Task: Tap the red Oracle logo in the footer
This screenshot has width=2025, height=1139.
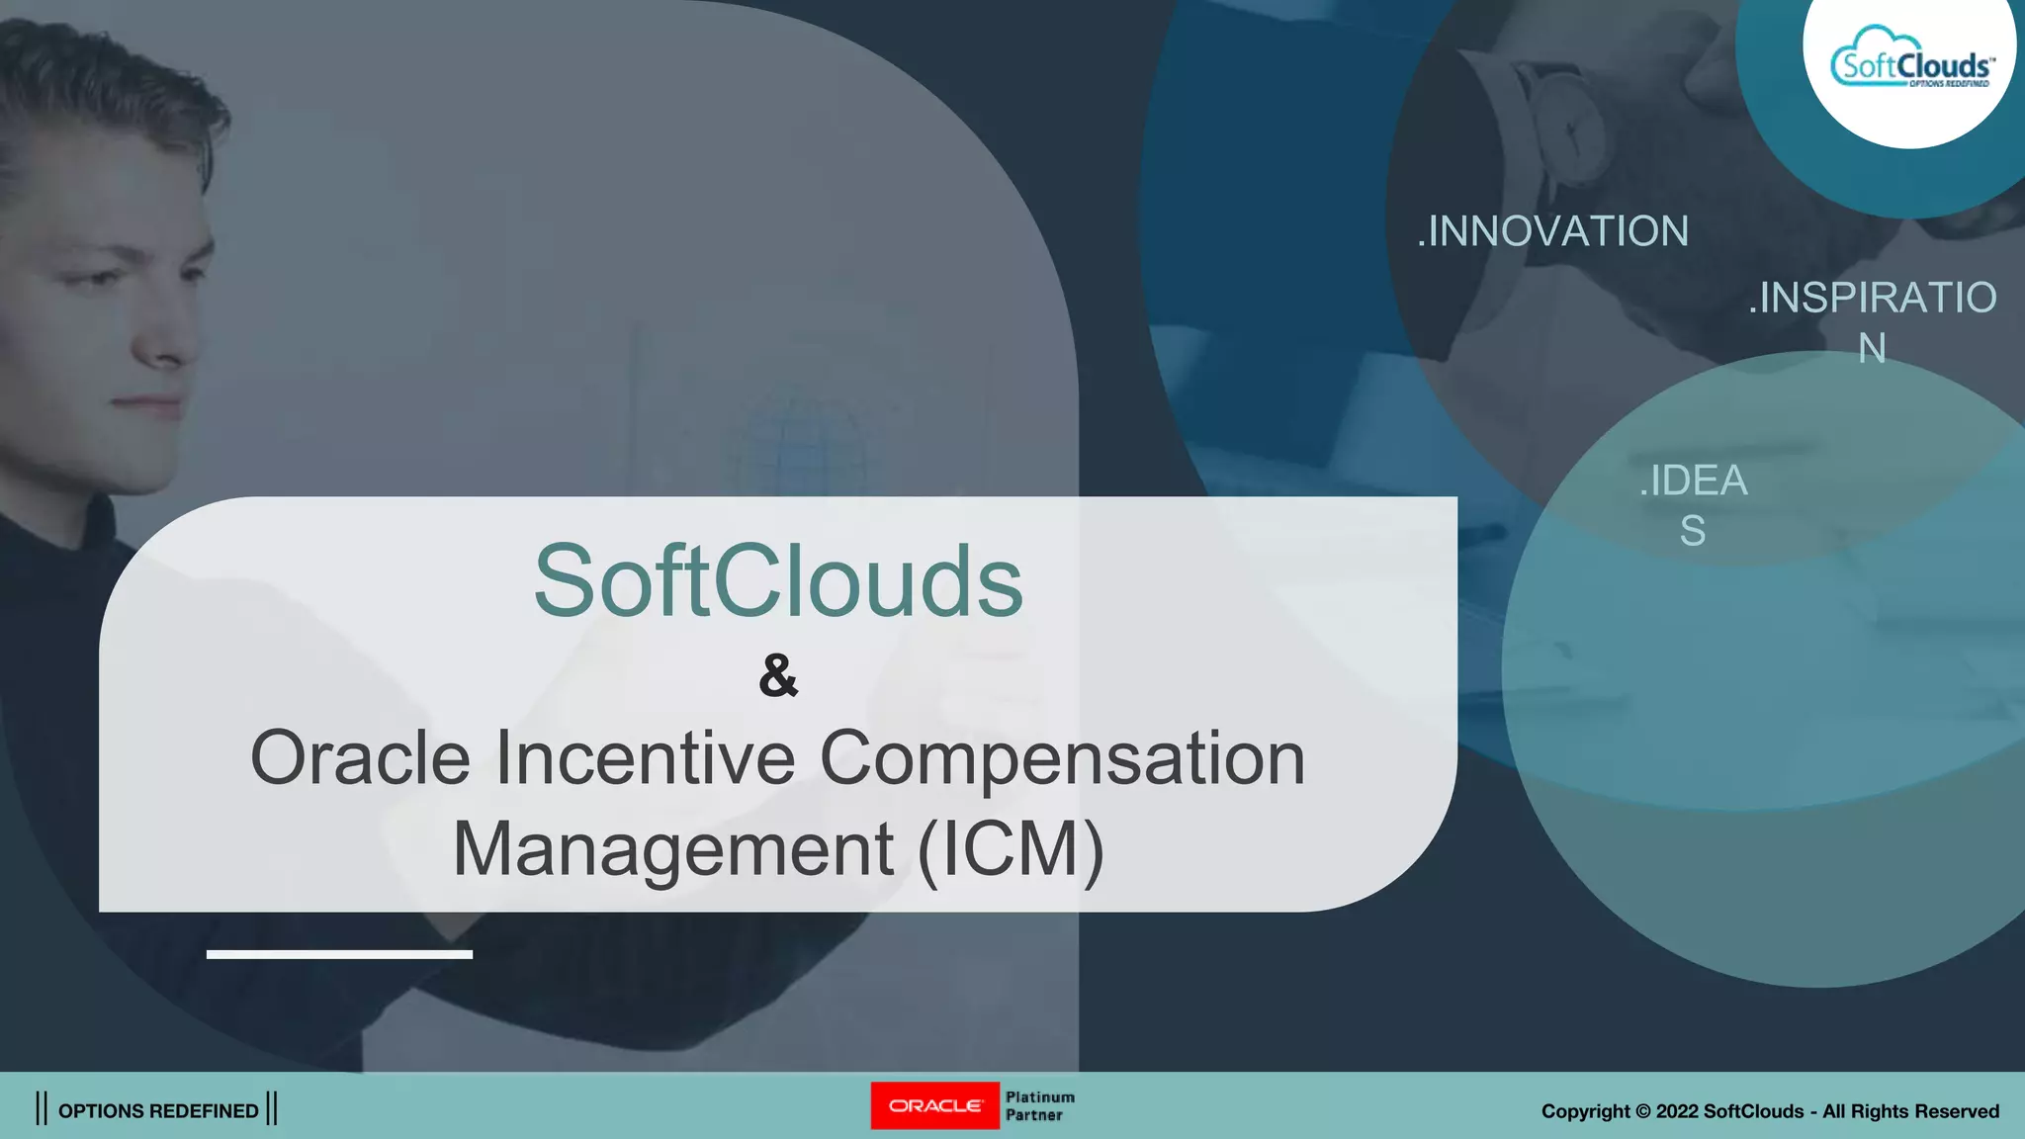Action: [934, 1105]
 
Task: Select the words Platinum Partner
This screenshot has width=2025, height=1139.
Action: [1039, 1106]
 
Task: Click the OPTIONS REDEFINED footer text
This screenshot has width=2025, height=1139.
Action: [158, 1110]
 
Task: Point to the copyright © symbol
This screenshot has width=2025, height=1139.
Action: [1643, 1111]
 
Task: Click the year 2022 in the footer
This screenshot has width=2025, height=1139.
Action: [1677, 1111]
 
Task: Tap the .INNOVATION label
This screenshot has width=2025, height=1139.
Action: [1552, 231]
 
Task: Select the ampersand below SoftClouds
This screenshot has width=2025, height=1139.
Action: [778, 675]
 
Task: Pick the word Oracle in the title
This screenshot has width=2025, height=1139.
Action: [360, 758]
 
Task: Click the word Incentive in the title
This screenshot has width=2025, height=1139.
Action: [646, 758]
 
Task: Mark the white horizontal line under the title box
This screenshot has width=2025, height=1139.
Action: [339, 954]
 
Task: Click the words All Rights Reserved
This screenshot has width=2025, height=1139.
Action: [1911, 1111]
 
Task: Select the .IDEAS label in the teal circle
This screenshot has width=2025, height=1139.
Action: [1694, 505]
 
